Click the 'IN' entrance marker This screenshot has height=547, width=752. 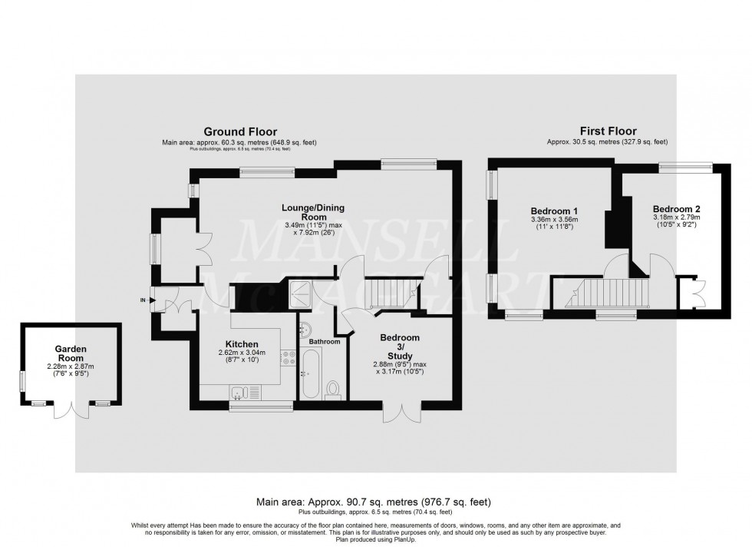[x=143, y=300]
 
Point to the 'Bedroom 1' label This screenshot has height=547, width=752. [x=554, y=211]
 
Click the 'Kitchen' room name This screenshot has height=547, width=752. [x=242, y=343]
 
